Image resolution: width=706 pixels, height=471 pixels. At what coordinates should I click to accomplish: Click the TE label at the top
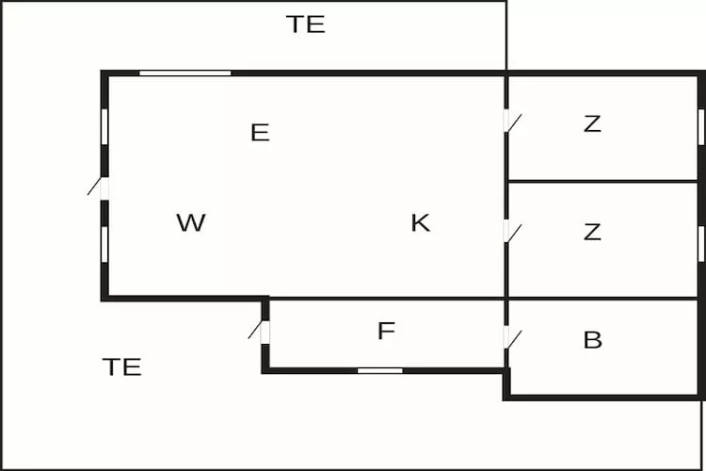[306, 24]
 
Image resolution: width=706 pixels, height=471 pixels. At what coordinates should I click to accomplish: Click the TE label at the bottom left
[121, 366]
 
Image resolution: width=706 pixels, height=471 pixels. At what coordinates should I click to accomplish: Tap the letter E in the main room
[260, 133]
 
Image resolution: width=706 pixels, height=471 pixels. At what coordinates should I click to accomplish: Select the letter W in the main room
[191, 223]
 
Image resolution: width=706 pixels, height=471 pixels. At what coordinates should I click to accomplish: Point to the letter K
[420, 223]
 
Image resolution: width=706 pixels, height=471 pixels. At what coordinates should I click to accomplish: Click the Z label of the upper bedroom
[592, 123]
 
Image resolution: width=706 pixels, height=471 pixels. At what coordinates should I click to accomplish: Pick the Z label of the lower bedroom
[592, 232]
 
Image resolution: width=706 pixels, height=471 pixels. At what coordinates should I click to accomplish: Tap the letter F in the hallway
[385, 332]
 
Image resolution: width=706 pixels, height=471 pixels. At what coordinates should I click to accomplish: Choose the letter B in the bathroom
[593, 340]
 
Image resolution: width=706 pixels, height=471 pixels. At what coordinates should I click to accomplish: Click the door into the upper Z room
[509, 122]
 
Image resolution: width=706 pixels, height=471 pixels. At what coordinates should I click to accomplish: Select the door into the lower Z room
[509, 231]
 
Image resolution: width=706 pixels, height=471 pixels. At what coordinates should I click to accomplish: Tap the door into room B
[509, 336]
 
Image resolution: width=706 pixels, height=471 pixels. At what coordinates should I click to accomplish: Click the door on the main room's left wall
[103, 187]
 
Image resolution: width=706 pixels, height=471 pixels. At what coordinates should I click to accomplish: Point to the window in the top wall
[185, 73]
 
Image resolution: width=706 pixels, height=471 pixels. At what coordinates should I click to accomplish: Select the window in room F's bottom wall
[380, 370]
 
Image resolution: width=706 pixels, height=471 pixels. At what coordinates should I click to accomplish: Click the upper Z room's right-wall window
[701, 127]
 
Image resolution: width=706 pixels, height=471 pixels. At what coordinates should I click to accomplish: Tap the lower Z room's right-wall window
[701, 243]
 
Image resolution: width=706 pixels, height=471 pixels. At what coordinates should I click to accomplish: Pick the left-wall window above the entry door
[104, 126]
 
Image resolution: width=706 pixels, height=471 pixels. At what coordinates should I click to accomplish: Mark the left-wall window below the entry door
[104, 243]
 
